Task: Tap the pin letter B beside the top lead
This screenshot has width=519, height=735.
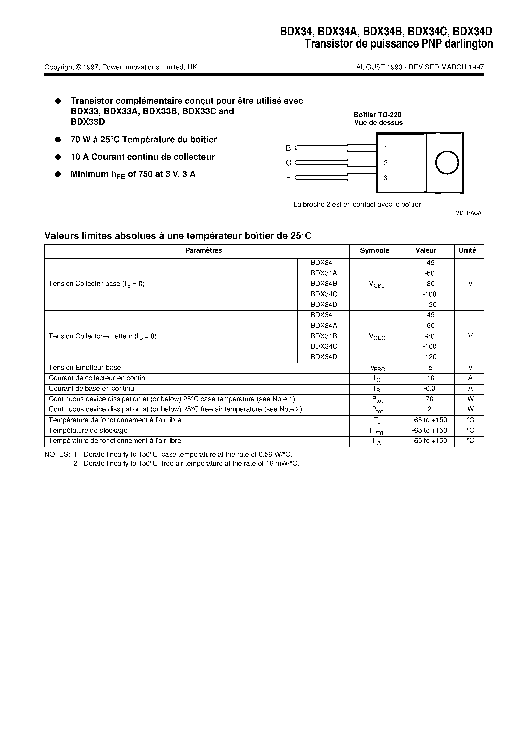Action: point(288,148)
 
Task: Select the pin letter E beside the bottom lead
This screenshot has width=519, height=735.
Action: point(288,178)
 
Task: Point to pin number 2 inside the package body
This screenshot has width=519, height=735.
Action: point(386,163)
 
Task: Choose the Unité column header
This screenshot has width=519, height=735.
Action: point(467,250)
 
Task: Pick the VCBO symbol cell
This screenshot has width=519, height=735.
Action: point(377,284)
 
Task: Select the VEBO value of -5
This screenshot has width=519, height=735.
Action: point(429,367)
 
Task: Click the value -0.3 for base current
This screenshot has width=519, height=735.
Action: point(429,388)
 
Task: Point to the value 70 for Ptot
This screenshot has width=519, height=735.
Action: point(429,399)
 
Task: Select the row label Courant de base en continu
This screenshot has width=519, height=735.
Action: point(91,388)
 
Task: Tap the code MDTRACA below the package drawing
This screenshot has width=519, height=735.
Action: point(468,213)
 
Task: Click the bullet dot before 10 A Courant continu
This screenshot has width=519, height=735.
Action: point(58,157)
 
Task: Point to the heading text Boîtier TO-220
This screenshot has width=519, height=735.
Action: point(377,115)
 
